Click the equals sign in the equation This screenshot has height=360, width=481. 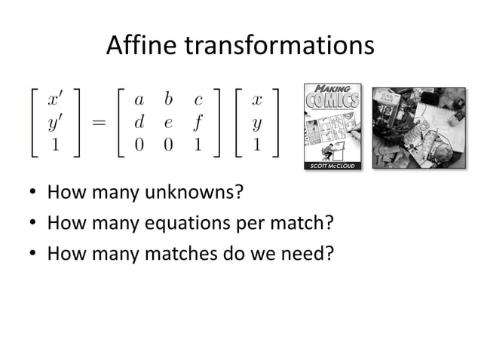(x=99, y=123)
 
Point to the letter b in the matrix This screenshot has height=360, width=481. (x=168, y=99)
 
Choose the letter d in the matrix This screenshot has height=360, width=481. (x=139, y=121)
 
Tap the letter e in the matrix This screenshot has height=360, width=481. (x=168, y=123)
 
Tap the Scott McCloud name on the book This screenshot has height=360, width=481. (x=332, y=165)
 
